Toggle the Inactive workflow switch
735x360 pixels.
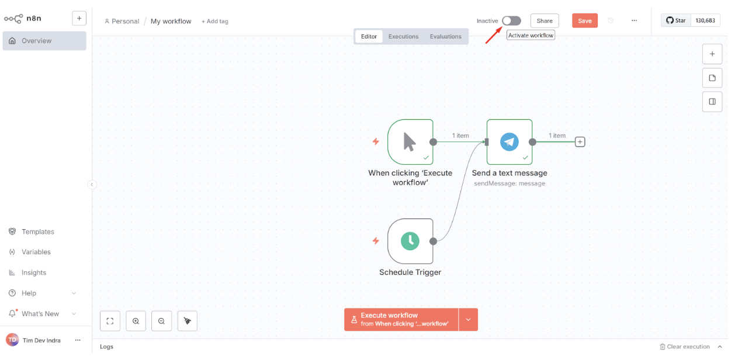click(x=511, y=20)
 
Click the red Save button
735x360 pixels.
click(x=585, y=20)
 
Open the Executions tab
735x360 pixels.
click(x=403, y=36)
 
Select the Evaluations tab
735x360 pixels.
click(x=445, y=36)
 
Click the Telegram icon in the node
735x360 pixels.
click(x=509, y=142)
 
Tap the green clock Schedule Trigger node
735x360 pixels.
click(x=410, y=241)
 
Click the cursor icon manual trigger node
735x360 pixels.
click(x=410, y=142)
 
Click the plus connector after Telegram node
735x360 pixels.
click(x=580, y=142)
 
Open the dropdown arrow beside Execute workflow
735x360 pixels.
click(x=468, y=320)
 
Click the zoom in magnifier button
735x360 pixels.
click(x=136, y=321)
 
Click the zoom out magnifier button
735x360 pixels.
click(x=161, y=321)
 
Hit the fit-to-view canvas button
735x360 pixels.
click(x=110, y=321)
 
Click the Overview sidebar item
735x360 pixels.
click(x=44, y=41)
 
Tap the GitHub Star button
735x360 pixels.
click(x=676, y=20)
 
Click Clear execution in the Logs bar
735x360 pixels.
click(x=685, y=347)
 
